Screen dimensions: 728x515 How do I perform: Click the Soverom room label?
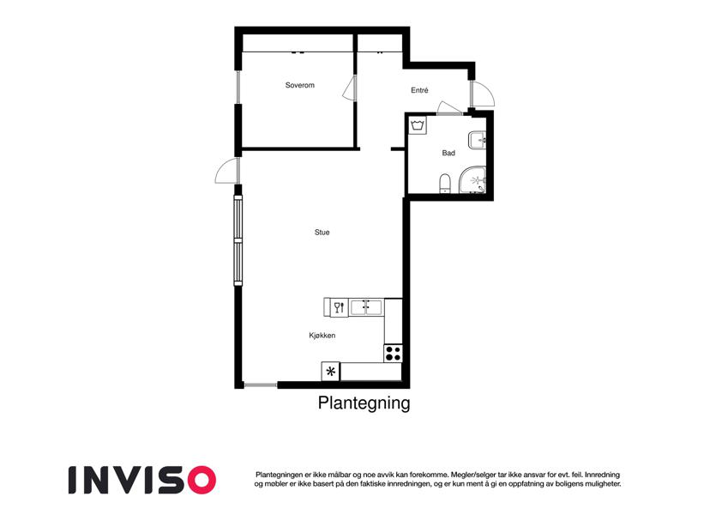[x=299, y=85]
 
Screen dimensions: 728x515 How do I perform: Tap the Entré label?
[x=419, y=90]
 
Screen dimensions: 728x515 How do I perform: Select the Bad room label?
[x=448, y=153]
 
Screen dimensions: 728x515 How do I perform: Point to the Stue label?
[x=322, y=233]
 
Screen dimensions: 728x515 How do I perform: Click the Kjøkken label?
[x=322, y=335]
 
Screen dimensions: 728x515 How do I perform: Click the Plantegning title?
[x=364, y=403]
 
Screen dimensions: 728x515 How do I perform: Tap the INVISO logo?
[x=142, y=480]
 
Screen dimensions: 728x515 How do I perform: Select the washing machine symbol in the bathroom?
[x=418, y=125]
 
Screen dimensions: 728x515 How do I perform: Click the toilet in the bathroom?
[x=445, y=183]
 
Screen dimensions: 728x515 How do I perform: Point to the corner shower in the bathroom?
[x=472, y=179]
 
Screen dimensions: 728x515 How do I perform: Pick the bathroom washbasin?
[x=477, y=140]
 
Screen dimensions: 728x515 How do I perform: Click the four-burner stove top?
[x=393, y=354]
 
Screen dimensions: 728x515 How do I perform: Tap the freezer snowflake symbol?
[x=331, y=372]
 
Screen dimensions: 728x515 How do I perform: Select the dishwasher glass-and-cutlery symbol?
[x=340, y=307]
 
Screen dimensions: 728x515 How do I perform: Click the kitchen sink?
[x=366, y=307]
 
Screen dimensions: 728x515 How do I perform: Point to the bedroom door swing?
[x=349, y=88]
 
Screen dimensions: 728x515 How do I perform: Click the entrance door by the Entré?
[x=483, y=94]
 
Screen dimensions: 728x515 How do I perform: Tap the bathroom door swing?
[x=449, y=108]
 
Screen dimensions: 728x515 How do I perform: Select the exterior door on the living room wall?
[x=227, y=171]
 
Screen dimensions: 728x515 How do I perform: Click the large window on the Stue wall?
[x=238, y=239]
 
